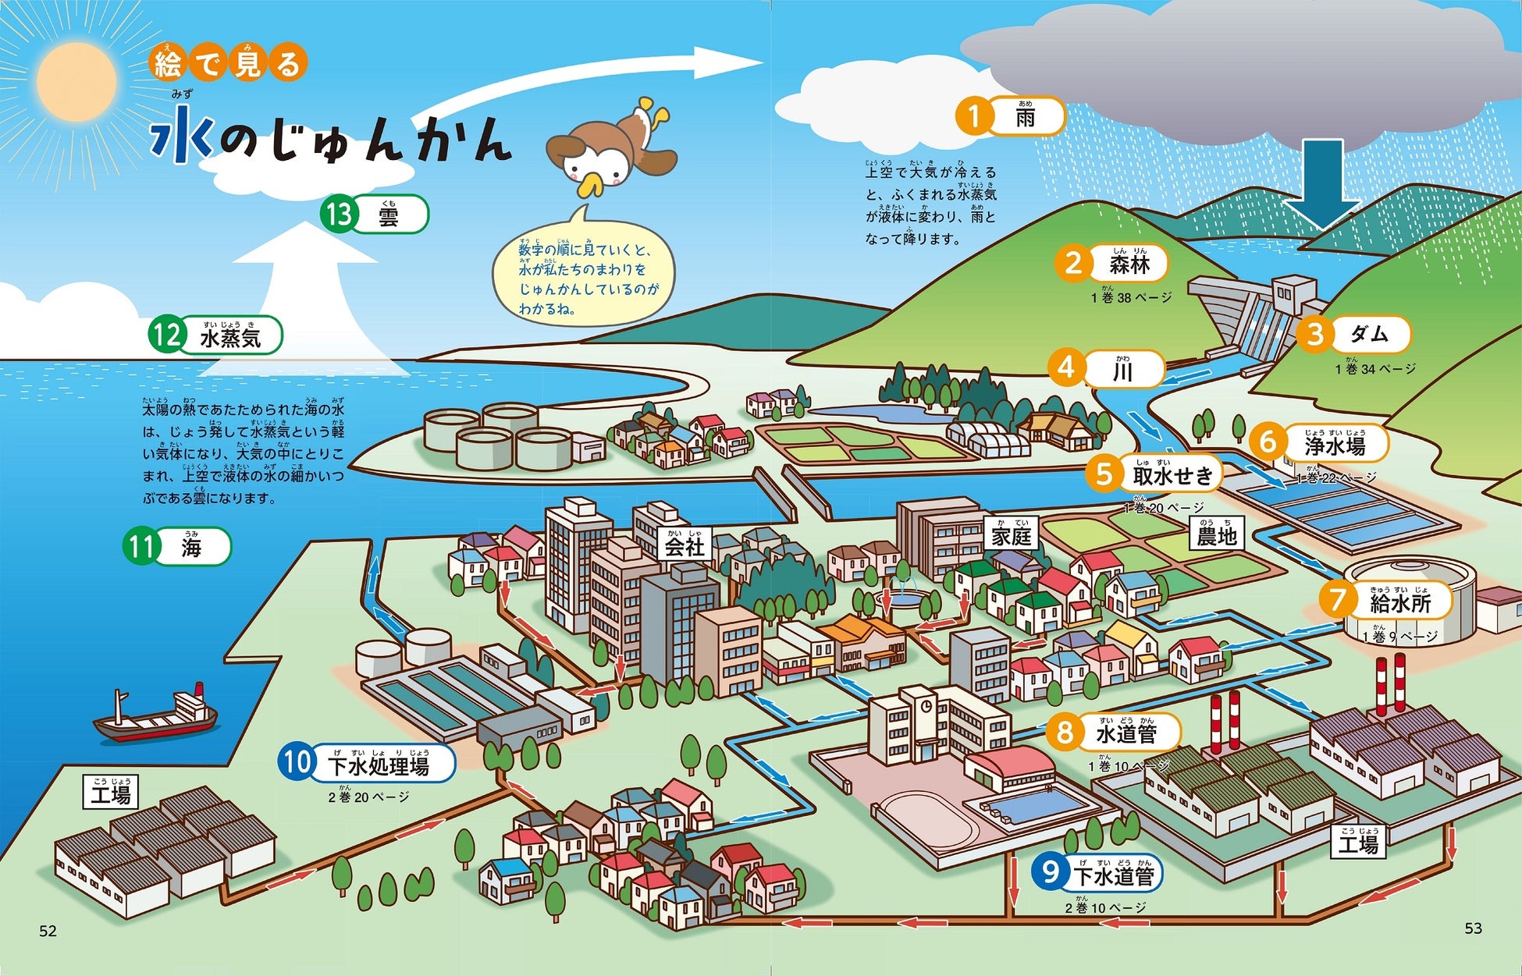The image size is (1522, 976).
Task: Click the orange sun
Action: click(76, 83)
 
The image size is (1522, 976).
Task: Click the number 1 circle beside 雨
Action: click(973, 117)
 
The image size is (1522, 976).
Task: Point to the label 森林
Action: click(1129, 265)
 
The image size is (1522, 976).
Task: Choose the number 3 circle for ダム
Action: click(1315, 335)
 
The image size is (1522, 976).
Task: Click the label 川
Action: click(1122, 371)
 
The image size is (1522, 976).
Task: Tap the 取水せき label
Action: click(1172, 475)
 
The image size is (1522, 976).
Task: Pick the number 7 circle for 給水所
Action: click(1338, 600)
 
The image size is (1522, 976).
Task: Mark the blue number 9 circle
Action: click(1050, 871)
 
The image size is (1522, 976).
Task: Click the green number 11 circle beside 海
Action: click(141, 546)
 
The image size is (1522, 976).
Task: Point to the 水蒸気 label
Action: click(230, 337)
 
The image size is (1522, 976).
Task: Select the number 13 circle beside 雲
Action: click(340, 214)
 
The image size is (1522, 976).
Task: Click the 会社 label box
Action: click(685, 544)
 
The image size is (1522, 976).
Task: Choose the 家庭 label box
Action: click(1012, 534)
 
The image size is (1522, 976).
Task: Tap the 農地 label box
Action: click(1217, 534)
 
